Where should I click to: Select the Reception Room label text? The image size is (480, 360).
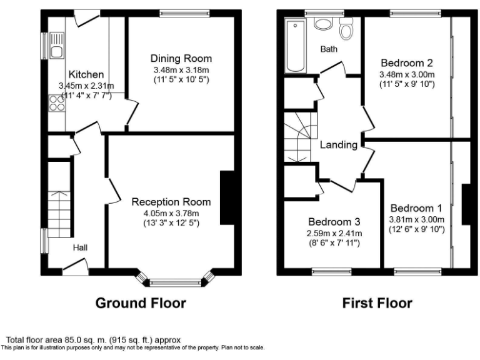tap(171, 202)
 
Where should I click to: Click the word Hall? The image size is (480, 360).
tap(80, 247)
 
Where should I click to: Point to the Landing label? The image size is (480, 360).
tap(338, 145)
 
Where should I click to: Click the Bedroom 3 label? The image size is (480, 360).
tap(334, 222)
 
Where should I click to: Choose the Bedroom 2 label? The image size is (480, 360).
tap(407, 63)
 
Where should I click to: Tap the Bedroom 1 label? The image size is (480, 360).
tap(416, 208)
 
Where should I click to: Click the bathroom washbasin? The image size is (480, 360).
tap(322, 24)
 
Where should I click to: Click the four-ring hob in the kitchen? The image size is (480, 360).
tap(56, 102)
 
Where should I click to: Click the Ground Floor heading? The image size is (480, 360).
tap(141, 304)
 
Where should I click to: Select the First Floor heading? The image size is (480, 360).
tap(377, 304)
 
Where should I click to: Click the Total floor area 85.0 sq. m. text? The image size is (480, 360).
tap(84, 341)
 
